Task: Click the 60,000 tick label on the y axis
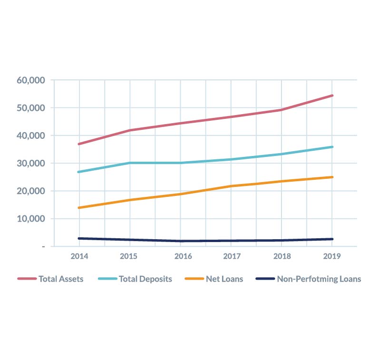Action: pos(30,80)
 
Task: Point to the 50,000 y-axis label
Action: pos(30,108)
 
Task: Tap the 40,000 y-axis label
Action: pos(30,136)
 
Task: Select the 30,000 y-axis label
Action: pos(30,163)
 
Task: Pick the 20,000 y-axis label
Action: pos(30,191)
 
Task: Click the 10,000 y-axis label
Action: pos(30,219)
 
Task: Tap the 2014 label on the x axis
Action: pos(79,256)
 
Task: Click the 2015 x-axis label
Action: pos(128,256)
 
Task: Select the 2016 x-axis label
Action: pos(183,256)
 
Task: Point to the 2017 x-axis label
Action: pos(232,256)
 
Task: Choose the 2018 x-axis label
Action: pos(282,256)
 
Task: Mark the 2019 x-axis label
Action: pos(331,256)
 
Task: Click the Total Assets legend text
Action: pos(61,279)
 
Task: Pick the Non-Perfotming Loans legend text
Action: pos(319,279)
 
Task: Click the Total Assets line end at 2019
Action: pos(332,96)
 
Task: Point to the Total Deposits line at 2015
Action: pos(129,163)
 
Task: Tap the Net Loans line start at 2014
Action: pos(79,208)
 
